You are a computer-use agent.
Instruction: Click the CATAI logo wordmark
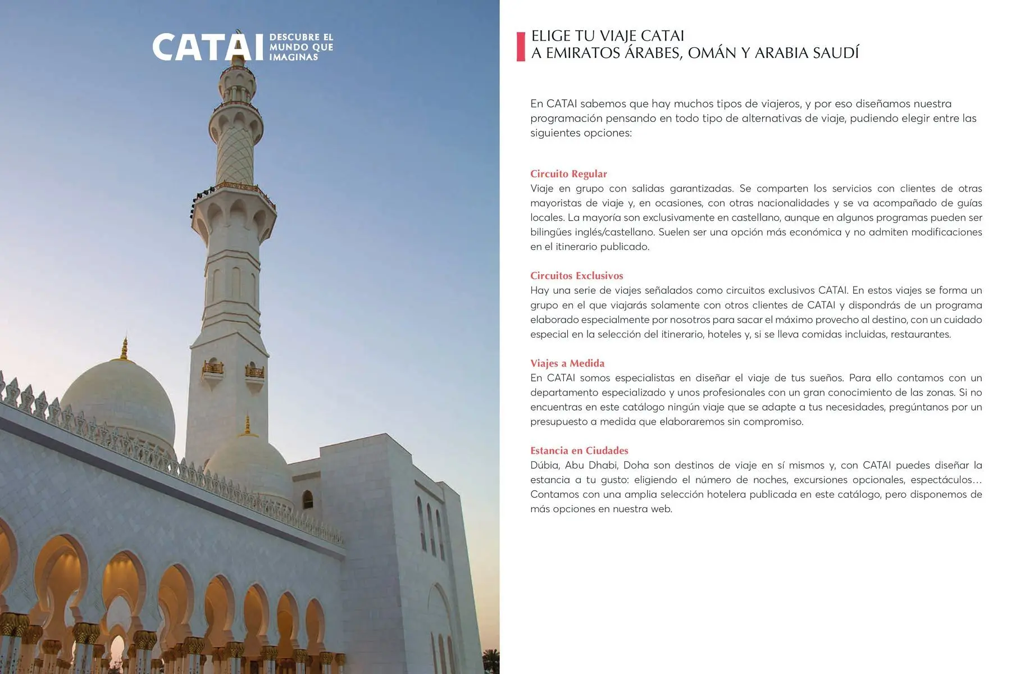click(207, 47)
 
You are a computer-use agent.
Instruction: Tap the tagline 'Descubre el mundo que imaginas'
click(301, 47)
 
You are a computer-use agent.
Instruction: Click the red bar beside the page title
click(521, 47)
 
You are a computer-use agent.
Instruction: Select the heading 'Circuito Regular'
click(568, 174)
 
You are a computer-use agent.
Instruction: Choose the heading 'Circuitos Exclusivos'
click(576, 276)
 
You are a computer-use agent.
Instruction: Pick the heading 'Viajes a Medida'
click(567, 363)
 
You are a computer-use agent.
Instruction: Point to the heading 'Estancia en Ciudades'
click(579, 450)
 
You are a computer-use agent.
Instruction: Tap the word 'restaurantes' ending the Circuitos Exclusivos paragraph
click(921, 334)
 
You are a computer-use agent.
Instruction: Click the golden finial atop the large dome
click(124, 349)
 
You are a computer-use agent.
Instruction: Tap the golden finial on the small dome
click(247, 426)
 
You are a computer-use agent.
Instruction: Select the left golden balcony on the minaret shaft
click(213, 368)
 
